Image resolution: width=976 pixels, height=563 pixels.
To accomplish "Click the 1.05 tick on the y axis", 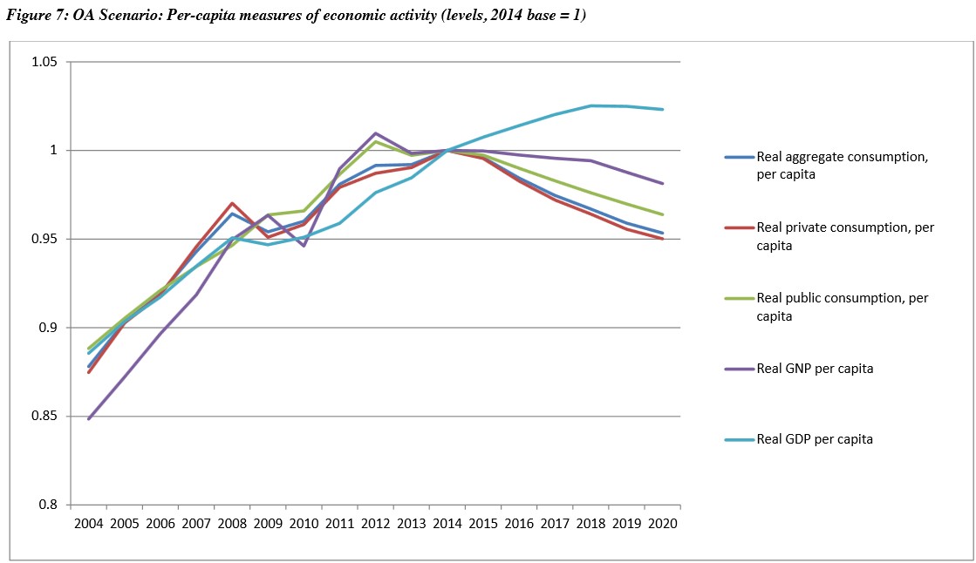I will (44, 63).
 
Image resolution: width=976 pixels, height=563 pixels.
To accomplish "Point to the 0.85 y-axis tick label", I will (44, 417).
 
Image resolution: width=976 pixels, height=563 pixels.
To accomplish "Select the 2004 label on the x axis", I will (88, 524).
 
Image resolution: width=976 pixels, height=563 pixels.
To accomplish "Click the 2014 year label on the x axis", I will (447, 524).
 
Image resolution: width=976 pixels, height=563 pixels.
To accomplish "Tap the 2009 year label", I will (268, 524).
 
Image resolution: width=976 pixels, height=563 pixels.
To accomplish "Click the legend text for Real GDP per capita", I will (815, 439).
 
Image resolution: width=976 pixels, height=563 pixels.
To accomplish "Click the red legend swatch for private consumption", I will (738, 228).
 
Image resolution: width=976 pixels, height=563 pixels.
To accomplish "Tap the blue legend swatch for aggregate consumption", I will (738, 158).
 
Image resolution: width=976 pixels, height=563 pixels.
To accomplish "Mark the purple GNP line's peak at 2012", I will (375, 133).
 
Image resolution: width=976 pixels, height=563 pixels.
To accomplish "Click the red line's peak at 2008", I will (232, 203).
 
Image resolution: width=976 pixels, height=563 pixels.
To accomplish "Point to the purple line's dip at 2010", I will (304, 246).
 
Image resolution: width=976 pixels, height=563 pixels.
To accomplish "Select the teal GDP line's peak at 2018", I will (590, 105).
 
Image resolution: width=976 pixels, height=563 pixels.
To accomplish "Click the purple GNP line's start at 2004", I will (88, 419).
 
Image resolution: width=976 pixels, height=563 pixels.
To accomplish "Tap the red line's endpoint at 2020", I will (663, 239).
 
